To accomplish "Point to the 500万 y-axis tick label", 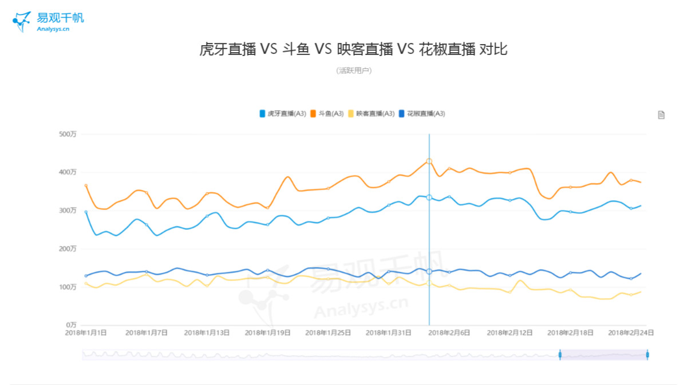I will click(68, 134).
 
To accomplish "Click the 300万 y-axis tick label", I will click(68, 211).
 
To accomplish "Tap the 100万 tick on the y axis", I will click(68, 287).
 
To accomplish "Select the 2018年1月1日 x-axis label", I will click(86, 332).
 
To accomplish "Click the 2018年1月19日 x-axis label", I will click(267, 332).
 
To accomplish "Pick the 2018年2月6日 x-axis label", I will click(449, 332).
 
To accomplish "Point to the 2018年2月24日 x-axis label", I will click(631, 332).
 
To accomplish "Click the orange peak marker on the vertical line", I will click(429, 161).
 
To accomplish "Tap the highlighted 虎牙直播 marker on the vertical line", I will click(429, 197).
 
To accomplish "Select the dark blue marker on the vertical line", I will click(429, 271).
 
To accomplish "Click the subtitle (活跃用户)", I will click(354, 71).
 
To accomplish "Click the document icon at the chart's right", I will click(661, 115).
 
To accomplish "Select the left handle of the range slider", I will click(560, 355).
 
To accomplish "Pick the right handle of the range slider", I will click(647, 355).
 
